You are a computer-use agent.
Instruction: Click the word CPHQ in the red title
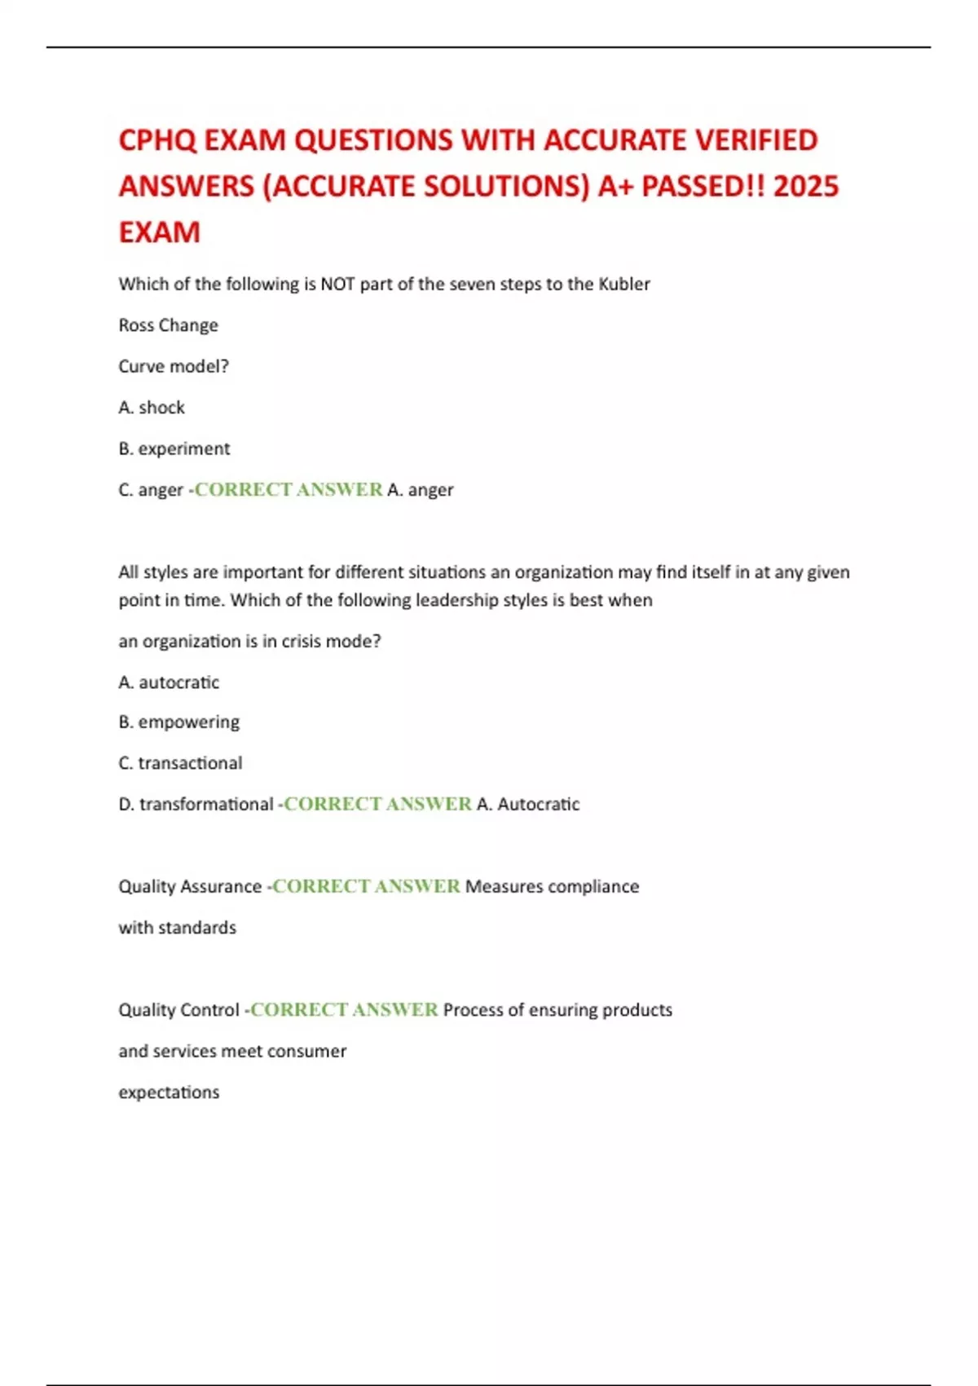[157, 140]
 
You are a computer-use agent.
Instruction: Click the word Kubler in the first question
[624, 285]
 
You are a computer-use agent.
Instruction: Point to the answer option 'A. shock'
[152, 408]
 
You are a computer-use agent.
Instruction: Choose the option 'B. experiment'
[174, 448]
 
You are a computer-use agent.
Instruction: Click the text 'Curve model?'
[174, 367]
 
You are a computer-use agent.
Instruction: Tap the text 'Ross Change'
[168, 325]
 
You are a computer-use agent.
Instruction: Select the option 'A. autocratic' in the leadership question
[169, 682]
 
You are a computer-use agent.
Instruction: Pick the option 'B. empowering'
[178, 722]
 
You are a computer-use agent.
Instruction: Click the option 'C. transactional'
[180, 763]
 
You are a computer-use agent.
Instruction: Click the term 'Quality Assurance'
[190, 887]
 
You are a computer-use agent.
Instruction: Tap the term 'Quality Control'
[178, 1010]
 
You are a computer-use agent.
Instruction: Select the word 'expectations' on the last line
[169, 1092]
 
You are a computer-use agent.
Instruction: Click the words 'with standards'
[177, 928]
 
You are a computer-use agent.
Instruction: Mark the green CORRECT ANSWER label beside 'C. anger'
[289, 490]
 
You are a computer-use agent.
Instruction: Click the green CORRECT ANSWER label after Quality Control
[344, 1010]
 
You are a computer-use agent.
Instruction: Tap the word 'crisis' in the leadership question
[304, 642]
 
